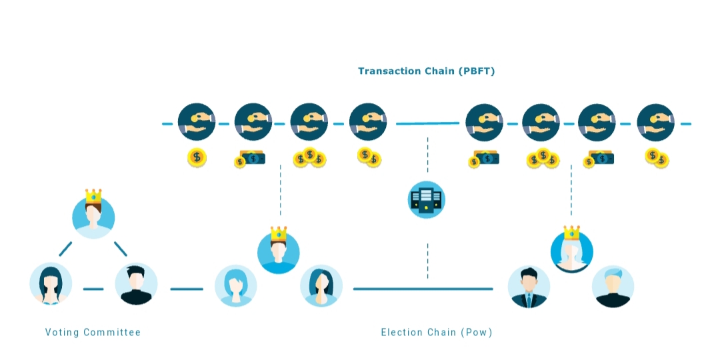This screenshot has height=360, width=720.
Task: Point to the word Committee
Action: [x=113, y=332]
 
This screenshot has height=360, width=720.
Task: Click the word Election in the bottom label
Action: [x=401, y=332]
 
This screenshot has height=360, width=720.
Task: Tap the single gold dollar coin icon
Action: [x=197, y=157]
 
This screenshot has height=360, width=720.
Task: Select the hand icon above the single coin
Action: [x=197, y=122]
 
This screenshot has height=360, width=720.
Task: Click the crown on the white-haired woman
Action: [x=572, y=233]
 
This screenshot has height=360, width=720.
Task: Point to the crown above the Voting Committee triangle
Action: [x=93, y=195]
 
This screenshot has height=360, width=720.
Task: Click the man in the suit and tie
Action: [x=529, y=287]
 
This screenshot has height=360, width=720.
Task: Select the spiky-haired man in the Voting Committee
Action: [x=136, y=284]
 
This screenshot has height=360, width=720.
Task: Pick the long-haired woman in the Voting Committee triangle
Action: [x=51, y=284]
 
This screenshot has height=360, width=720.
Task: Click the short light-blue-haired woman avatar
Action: [x=235, y=285]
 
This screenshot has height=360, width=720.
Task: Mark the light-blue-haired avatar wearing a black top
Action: [x=613, y=287]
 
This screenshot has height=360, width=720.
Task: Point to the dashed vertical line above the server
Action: [x=427, y=154]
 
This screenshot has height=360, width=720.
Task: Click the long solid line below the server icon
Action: [x=423, y=289]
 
